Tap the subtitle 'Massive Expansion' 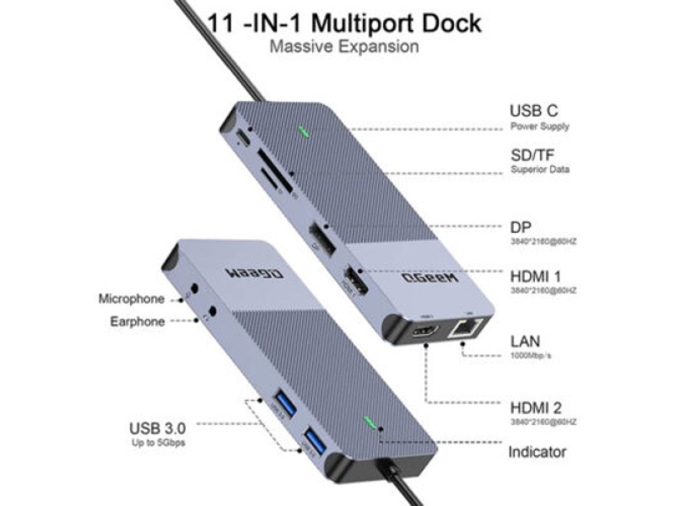pyautogui.click(x=343, y=46)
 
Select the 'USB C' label pyautogui.click(x=533, y=110)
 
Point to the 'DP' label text pyautogui.click(x=520, y=227)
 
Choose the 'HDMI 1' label pyautogui.click(x=539, y=275)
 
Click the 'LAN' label pyautogui.click(x=525, y=342)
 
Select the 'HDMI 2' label pyautogui.click(x=539, y=405)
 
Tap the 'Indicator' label pyautogui.click(x=537, y=452)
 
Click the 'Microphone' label pyautogui.click(x=131, y=299)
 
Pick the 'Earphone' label pyautogui.click(x=137, y=321)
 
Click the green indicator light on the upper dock pyautogui.click(x=301, y=132)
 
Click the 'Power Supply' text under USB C pyautogui.click(x=539, y=126)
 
